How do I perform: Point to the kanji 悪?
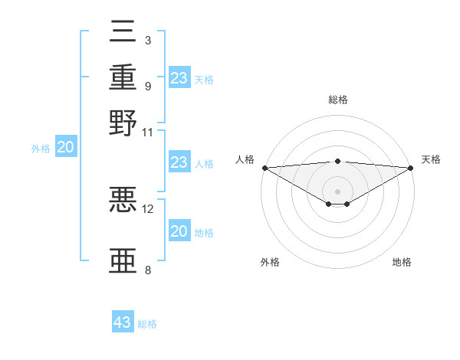coord(123,200)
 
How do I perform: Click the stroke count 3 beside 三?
coord(147,40)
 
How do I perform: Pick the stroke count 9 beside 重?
coord(147,85)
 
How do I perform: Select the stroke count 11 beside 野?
coord(147,132)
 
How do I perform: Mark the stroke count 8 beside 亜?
coord(147,270)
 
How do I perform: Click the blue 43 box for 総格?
coord(123,322)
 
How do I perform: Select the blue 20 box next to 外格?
coord(65,148)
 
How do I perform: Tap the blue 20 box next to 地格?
coord(179,231)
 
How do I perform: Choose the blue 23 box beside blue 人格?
coord(179,162)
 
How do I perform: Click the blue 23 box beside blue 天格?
coord(179,78)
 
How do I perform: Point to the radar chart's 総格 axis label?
coord(338,100)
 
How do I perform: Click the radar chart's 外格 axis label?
coord(270,262)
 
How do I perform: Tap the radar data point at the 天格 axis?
coord(412,168)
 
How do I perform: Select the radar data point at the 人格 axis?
coord(264,168)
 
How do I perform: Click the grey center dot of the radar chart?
coord(338,191)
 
